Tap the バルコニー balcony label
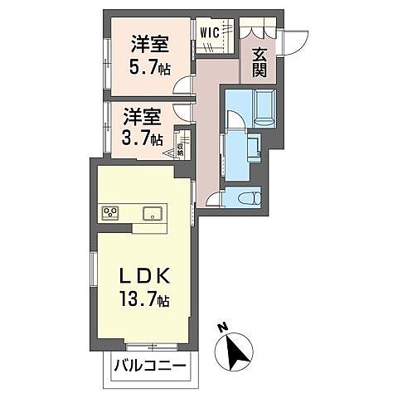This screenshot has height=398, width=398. click(150, 365)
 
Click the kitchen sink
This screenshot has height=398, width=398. click(151, 213)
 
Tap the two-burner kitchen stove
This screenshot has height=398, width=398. click(110, 213)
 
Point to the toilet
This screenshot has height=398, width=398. click(248, 197)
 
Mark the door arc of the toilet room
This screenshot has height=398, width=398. click(214, 199)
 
